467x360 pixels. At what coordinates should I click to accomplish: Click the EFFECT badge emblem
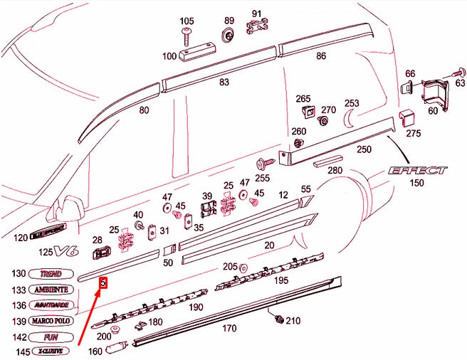(417, 171)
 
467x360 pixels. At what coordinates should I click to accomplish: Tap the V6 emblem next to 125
(65, 250)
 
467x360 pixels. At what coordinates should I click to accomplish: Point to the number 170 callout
(229, 328)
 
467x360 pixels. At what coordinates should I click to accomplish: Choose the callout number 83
(224, 83)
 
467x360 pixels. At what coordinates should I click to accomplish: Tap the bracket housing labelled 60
(432, 93)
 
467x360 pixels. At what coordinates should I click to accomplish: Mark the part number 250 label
(364, 149)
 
